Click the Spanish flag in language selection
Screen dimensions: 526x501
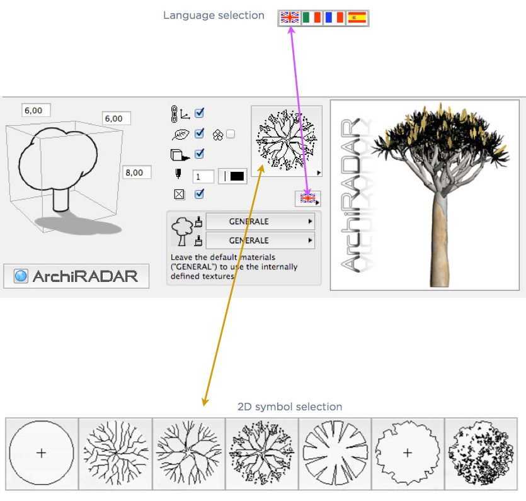pos(357,18)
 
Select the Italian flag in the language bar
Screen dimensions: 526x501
pos(312,18)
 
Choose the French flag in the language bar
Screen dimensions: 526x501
pos(334,18)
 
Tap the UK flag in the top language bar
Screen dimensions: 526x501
pos(290,18)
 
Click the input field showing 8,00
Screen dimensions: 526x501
pos(137,172)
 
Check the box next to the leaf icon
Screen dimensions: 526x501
pos(199,133)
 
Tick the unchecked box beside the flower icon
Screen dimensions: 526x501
pos(231,134)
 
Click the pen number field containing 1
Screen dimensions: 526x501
pos(203,176)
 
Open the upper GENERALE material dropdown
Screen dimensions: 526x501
pos(260,222)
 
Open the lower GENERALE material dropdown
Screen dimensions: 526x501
pos(260,240)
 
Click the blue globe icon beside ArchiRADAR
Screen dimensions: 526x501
pos(21,276)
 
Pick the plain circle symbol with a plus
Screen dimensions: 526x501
pos(42,453)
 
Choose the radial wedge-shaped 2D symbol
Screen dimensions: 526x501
pos(334,453)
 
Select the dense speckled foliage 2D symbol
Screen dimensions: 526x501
pos(481,453)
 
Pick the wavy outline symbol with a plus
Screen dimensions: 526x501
pos(408,453)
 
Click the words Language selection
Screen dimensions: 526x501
pos(214,15)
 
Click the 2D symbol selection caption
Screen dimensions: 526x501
pos(290,407)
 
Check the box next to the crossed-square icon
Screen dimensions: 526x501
pos(199,194)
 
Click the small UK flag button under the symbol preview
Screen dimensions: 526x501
pos(308,198)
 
